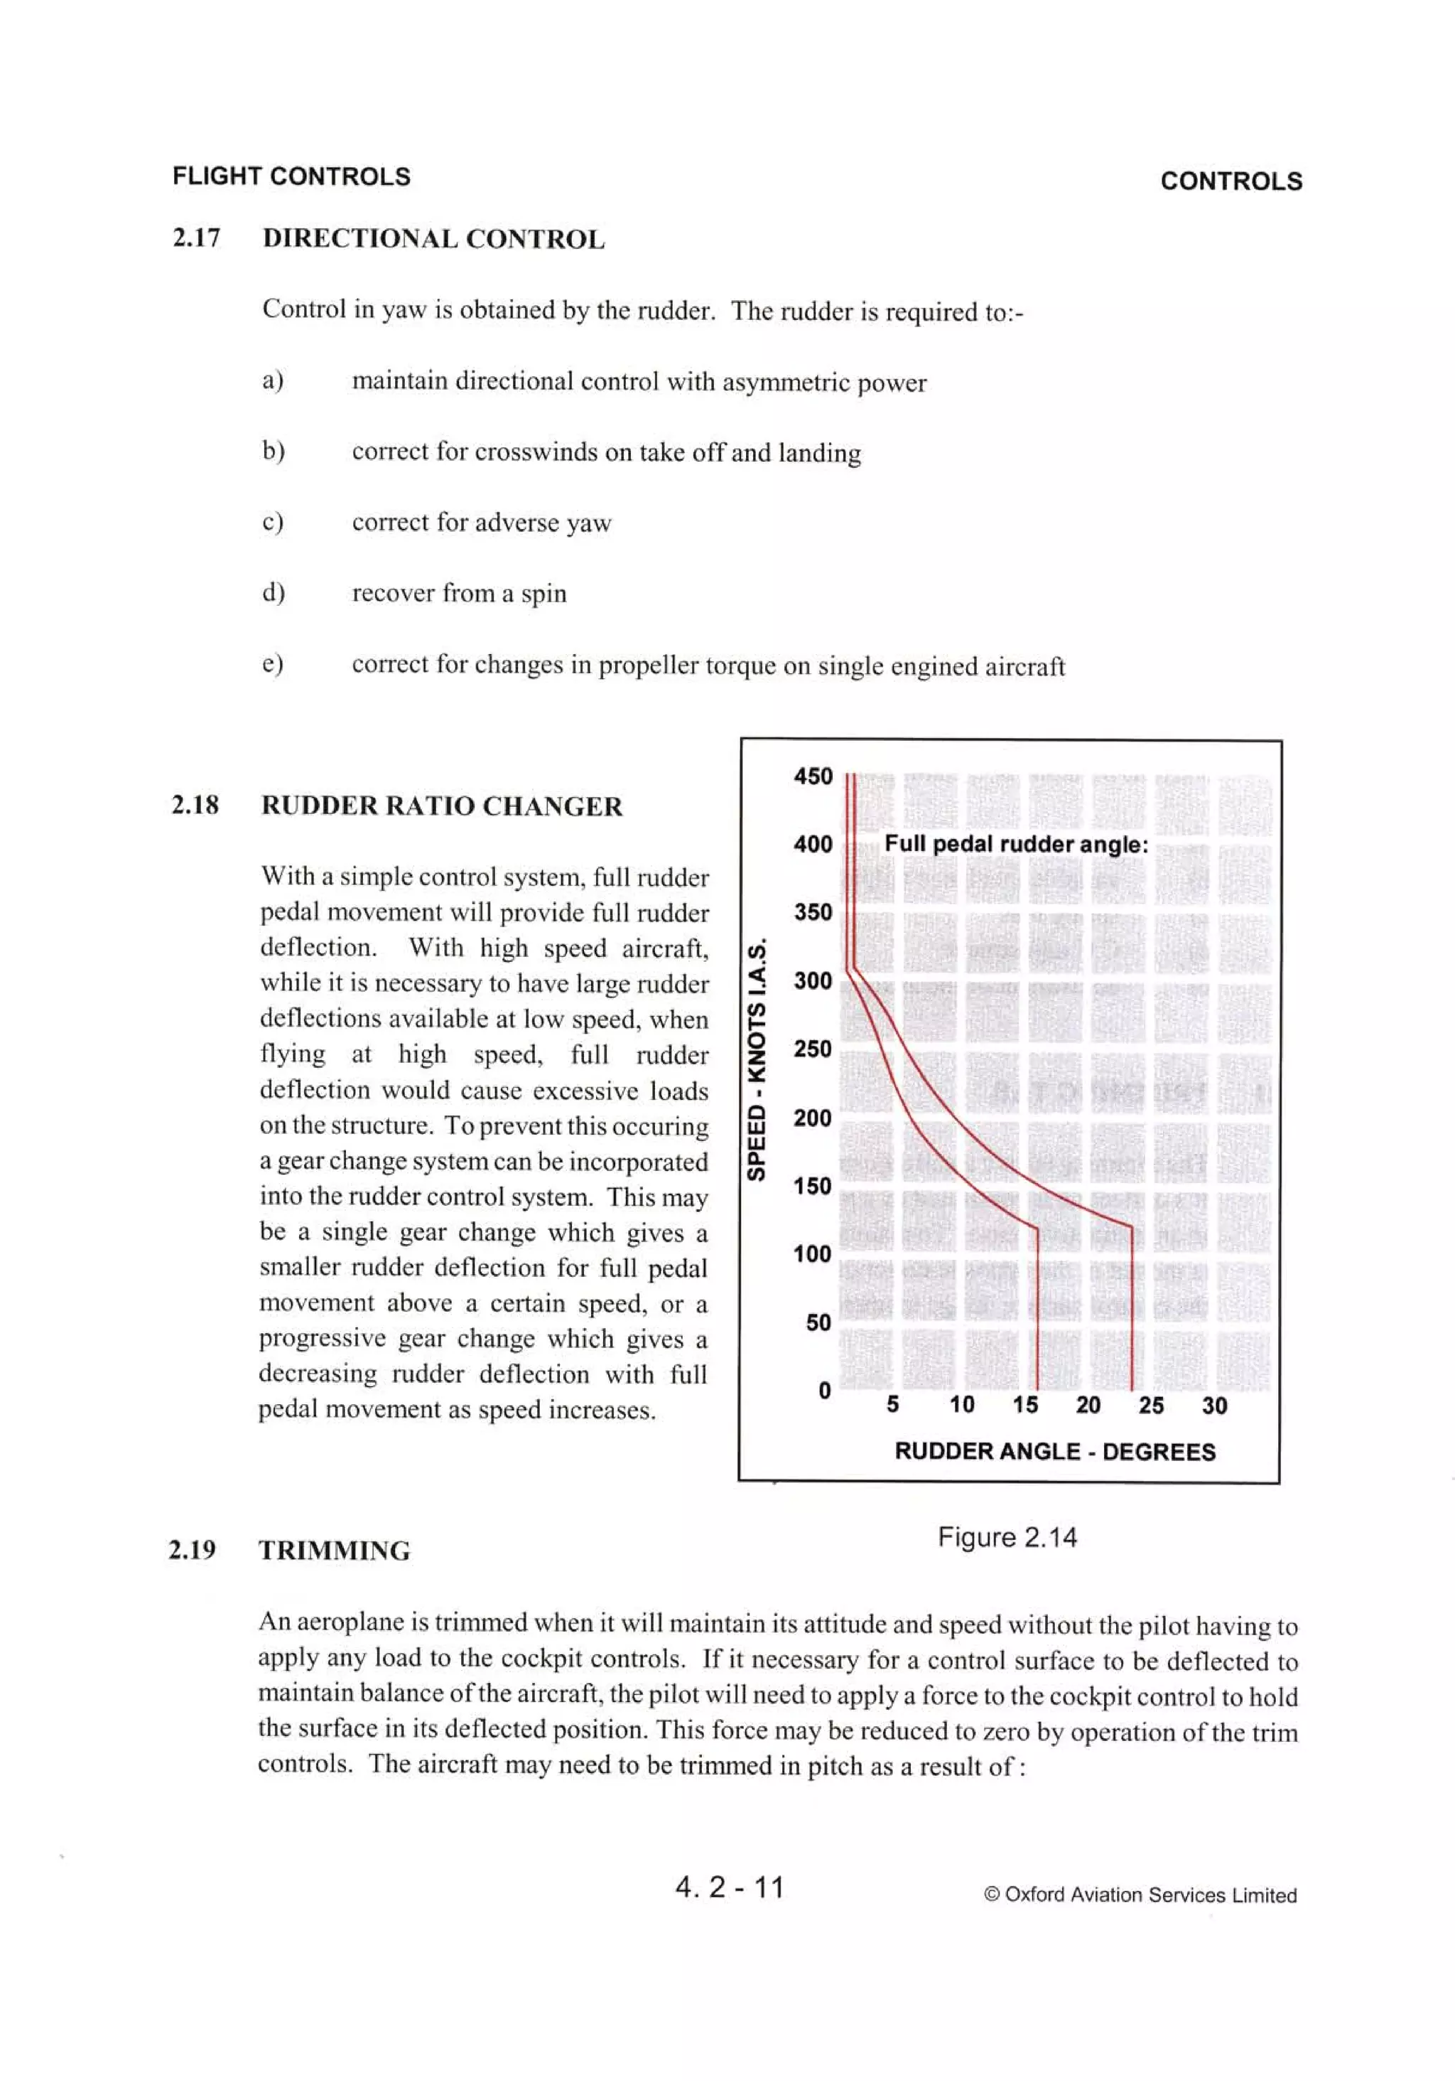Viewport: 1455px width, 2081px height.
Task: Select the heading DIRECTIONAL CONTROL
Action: [x=433, y=240]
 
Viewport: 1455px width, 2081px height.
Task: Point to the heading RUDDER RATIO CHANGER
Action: [x=441, y=806]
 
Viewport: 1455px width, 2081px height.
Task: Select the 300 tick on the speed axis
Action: [x=812, y=980]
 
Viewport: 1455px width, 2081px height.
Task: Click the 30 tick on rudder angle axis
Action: [x=1214, y=1406]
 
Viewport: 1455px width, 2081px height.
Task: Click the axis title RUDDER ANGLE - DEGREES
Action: [x=1054, y=1451]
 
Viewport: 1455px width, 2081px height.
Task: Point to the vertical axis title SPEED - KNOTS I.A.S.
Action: [x=757, y=1061]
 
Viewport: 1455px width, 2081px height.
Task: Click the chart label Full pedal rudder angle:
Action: [x=1016, y=844]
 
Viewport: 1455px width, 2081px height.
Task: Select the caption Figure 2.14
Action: [x=1007, y=1537]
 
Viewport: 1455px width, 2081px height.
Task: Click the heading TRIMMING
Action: [x=335, y=1551]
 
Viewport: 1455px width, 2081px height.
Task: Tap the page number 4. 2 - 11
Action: [x=730, y=1886]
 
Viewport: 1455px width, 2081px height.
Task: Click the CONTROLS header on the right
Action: [x=1230, y=181]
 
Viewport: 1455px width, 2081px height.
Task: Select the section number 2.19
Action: [x=192, y=1550]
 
